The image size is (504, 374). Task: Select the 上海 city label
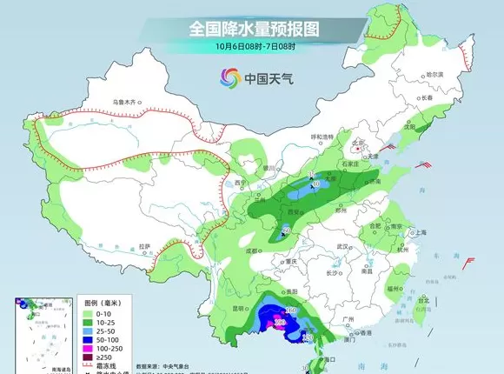pos(421,233)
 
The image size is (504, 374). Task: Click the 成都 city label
pos(253,250)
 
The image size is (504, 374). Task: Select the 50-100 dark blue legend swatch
pos(87,341)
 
